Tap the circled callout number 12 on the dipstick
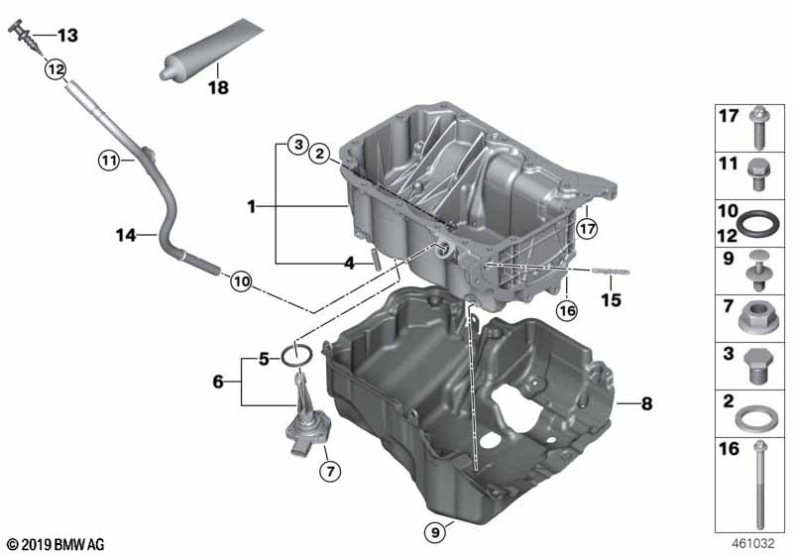[55, 69]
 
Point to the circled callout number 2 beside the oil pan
[320, 154]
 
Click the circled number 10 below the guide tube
[241, 281]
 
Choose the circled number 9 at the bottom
[435, 532]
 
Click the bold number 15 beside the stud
[611, 298]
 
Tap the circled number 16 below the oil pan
[566, 310]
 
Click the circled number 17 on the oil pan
[586, 228]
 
